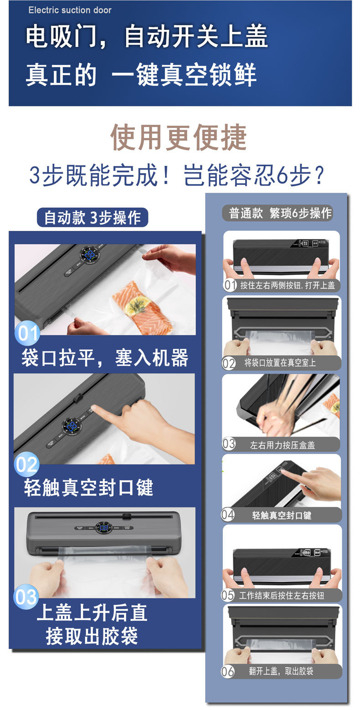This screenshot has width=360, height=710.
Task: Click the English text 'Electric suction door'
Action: click(x=70, y=10)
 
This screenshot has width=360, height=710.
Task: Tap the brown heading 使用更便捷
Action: click(x=179, y=137)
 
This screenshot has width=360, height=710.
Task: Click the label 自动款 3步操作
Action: click(x=93, y=218)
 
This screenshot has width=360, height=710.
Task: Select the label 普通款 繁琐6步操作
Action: click(x=280, y=213)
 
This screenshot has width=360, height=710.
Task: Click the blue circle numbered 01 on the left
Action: click(x=27, y=333)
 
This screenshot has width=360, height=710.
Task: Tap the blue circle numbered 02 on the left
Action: click(x=26, y=465)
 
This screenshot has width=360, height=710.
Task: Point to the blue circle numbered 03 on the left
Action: click(x=26, y=597)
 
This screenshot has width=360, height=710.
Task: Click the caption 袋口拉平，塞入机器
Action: click(x=105, y=358)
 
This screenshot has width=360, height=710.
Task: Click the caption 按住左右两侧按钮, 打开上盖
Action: click(x=288, y=285)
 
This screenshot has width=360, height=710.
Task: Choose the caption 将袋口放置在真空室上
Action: click(x=280, y=363)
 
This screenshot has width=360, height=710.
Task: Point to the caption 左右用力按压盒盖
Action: click(x=282, y=445)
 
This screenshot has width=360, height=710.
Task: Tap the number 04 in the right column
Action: click(x=228, y=515)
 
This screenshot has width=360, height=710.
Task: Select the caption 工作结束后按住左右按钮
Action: click(x=281, y=595)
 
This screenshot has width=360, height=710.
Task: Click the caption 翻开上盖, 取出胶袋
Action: click(x=281, y=671)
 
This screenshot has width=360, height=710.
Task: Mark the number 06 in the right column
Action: click(x=228, y=671)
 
